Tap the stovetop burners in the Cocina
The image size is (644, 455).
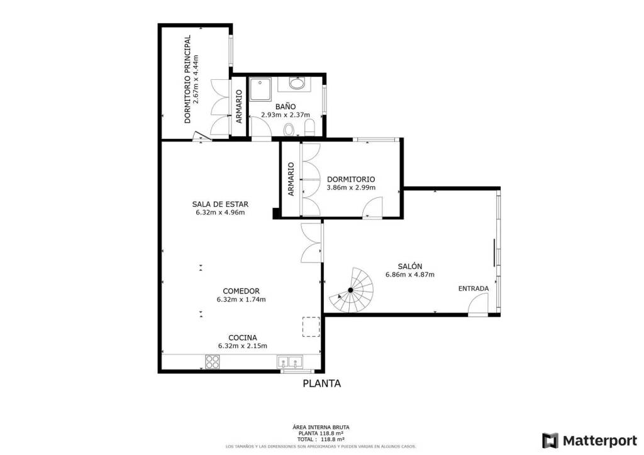click(x=212, y=362)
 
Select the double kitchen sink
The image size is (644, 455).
click(x=289, y=362)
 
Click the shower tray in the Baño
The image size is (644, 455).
click(x=260, y=90)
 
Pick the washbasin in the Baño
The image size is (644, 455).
click(x=296, y=84)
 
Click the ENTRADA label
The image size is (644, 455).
click(x=474, y=288)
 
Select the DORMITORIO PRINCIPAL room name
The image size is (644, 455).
click(x=187, y=79)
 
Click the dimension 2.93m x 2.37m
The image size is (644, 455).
click(x=286, y=115)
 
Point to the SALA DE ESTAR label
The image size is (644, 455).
click(x=220, y=204)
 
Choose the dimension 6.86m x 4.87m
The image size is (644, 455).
click(x=410, y=275)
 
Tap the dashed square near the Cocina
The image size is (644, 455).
click(x=311, y=327)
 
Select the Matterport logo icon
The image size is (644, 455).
click(x=550, y=441)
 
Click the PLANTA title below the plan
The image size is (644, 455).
click(x=322, y=383)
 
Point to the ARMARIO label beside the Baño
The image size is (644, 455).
click(x=239, y=106)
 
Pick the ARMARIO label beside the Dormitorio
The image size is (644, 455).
click(x=291, y=179)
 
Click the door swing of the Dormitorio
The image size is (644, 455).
click(x=373, y=207)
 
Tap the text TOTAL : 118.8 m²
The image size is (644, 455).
click(x=321, y=439)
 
